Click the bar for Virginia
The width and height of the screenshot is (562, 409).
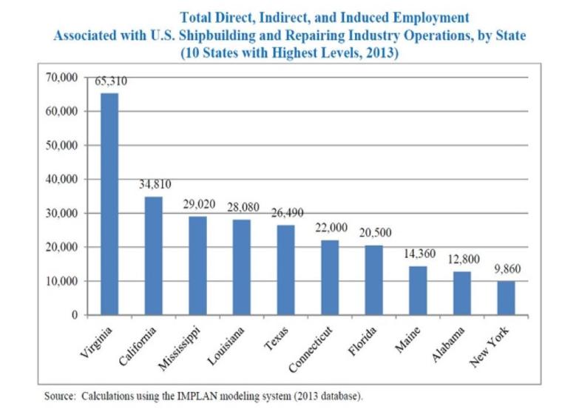109,203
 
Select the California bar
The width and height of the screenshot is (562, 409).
154,255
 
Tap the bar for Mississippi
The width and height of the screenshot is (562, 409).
198,266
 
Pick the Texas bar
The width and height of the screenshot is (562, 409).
286,270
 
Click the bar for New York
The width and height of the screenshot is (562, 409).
505,298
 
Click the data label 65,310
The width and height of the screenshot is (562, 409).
111,83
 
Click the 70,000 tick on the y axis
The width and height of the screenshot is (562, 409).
64,77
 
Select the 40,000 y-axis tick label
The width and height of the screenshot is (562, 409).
64,179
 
